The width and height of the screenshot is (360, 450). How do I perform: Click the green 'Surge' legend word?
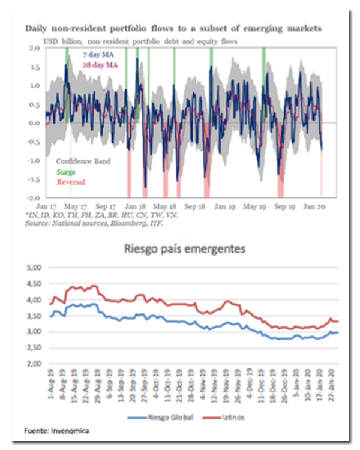click(65, 172)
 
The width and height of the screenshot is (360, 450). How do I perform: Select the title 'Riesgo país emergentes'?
click(184, 248)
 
